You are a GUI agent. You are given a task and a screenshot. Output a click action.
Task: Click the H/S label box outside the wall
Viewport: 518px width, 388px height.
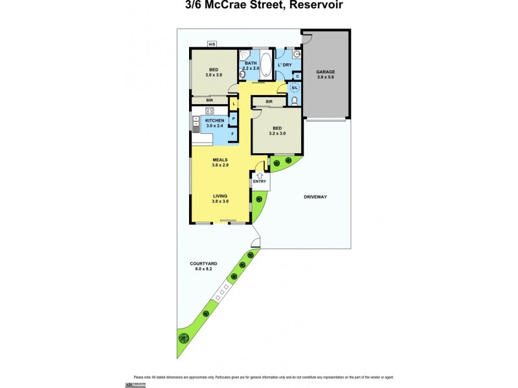click(x=212, y=44)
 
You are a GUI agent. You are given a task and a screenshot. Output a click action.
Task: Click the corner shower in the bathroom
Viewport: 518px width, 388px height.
click(x=245, y=56)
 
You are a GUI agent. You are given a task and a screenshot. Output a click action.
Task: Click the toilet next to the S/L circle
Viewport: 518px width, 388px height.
click(x=295, y=101)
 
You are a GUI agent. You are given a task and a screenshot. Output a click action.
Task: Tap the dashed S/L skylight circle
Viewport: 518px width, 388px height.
click(x=295, y=88)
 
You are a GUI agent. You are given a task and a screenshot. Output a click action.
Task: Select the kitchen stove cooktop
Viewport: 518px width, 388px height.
click(x=210, y=110)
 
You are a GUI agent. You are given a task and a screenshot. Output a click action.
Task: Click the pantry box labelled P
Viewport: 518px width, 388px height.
click(x=232, y=118)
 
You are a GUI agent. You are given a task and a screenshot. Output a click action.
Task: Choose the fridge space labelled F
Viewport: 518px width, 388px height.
click(x=232, y=134)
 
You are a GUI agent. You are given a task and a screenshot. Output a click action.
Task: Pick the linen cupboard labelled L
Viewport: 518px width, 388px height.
click(x=232, y=103)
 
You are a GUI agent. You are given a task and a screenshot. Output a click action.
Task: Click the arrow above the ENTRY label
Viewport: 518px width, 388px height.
click(x=260, y=174)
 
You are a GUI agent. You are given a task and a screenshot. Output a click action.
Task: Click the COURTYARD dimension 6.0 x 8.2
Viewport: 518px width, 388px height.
click(x=203, y=269)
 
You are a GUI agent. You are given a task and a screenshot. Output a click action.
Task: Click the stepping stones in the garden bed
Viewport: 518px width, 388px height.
click(x=222, y=295)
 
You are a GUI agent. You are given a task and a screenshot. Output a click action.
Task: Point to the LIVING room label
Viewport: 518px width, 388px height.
click(x=220, y=196)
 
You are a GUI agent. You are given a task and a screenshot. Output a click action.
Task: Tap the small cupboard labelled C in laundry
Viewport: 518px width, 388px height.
click(x=297, y=76)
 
